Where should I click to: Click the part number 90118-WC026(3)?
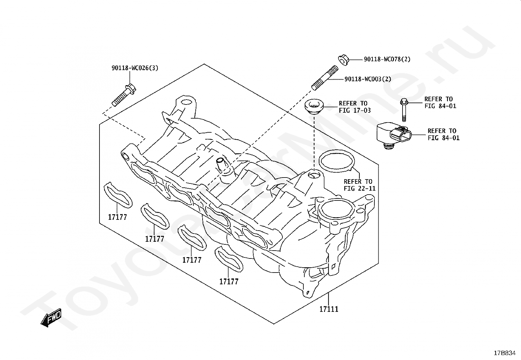pos(135,68)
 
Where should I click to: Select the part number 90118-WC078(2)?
pos(387,59)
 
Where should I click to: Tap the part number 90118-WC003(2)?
pos(368,79)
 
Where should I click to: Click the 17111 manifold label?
pos(329,309)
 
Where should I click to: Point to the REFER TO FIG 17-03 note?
pos(355,107)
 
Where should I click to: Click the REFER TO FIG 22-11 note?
pos(359,185)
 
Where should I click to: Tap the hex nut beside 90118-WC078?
pos(343,60)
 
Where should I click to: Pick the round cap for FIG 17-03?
pos(314,107)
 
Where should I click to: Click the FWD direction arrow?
pos(51,317)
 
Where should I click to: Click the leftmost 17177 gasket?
pos(118,196)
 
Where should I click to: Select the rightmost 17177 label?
pos(229,281)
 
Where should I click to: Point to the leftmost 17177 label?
pos(117,217)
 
